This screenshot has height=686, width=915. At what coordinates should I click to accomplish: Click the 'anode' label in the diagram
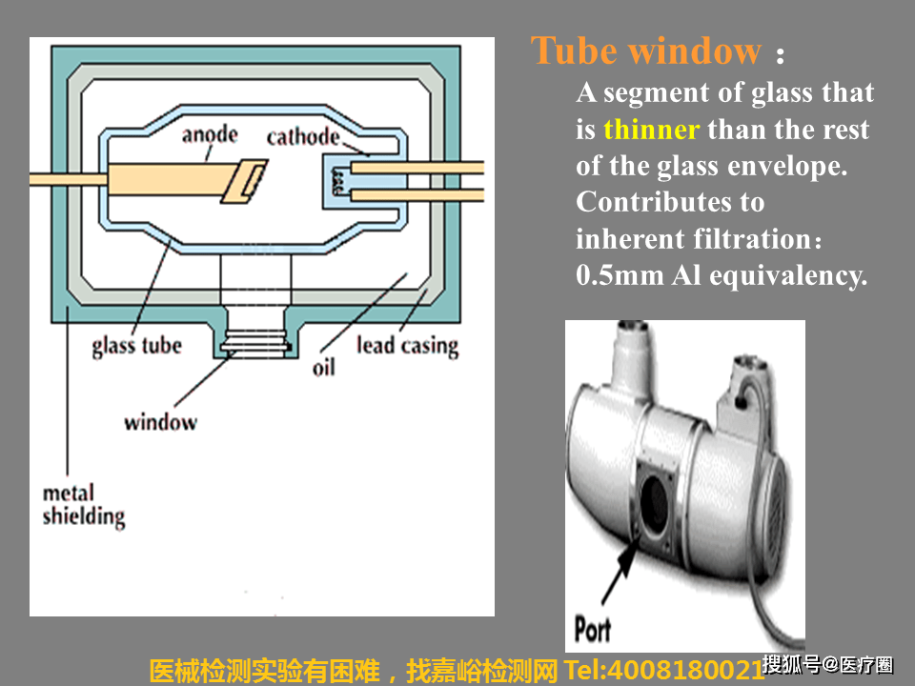click(210, 134)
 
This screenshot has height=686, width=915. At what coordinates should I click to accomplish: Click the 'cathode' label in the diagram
click(302, 137)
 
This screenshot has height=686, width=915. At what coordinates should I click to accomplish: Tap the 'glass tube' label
click(136, 345)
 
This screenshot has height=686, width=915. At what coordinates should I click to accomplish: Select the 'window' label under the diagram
click(160, 421)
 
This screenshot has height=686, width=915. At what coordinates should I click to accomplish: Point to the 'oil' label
click(324, 366)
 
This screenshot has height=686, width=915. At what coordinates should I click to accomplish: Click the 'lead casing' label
click(407, 345)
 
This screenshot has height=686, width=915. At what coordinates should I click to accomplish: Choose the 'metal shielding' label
click(84, 505)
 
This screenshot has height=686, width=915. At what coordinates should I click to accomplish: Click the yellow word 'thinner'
click(651, 130)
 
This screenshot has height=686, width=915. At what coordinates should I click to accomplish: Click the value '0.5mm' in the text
click(620, 275)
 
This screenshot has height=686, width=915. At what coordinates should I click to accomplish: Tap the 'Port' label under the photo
click(592, 629)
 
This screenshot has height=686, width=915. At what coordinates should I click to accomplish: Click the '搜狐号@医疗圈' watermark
click(828, 664)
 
